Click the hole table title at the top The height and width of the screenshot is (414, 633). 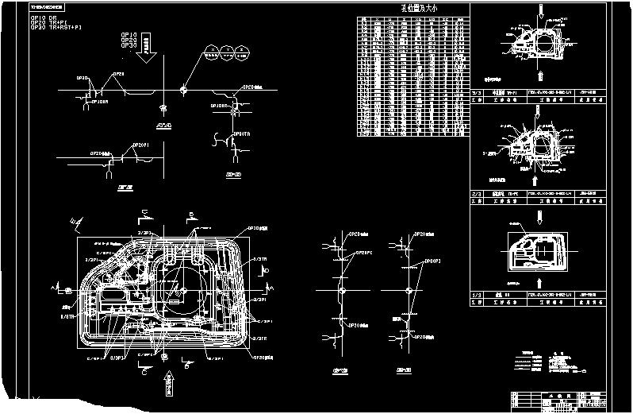pyautogui.click(x=413, y=9)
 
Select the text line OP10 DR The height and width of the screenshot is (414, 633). pyautogui.click(x=43, y=17)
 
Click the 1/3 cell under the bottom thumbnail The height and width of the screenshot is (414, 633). pyautogui.click(x=477, y=295)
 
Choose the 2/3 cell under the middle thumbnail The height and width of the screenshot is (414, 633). pyautogui.click(x=477, y=193)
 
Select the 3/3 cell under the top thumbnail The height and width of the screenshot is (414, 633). pyautogui.click(x=477, y=92)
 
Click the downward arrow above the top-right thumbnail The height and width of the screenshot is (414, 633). pyautogui.click(x=541, y=10)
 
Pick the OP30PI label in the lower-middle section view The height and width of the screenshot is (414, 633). pyautogui.click(x=432, y=260)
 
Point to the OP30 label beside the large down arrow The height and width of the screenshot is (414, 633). pyautogui.click(x=129, y=46)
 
